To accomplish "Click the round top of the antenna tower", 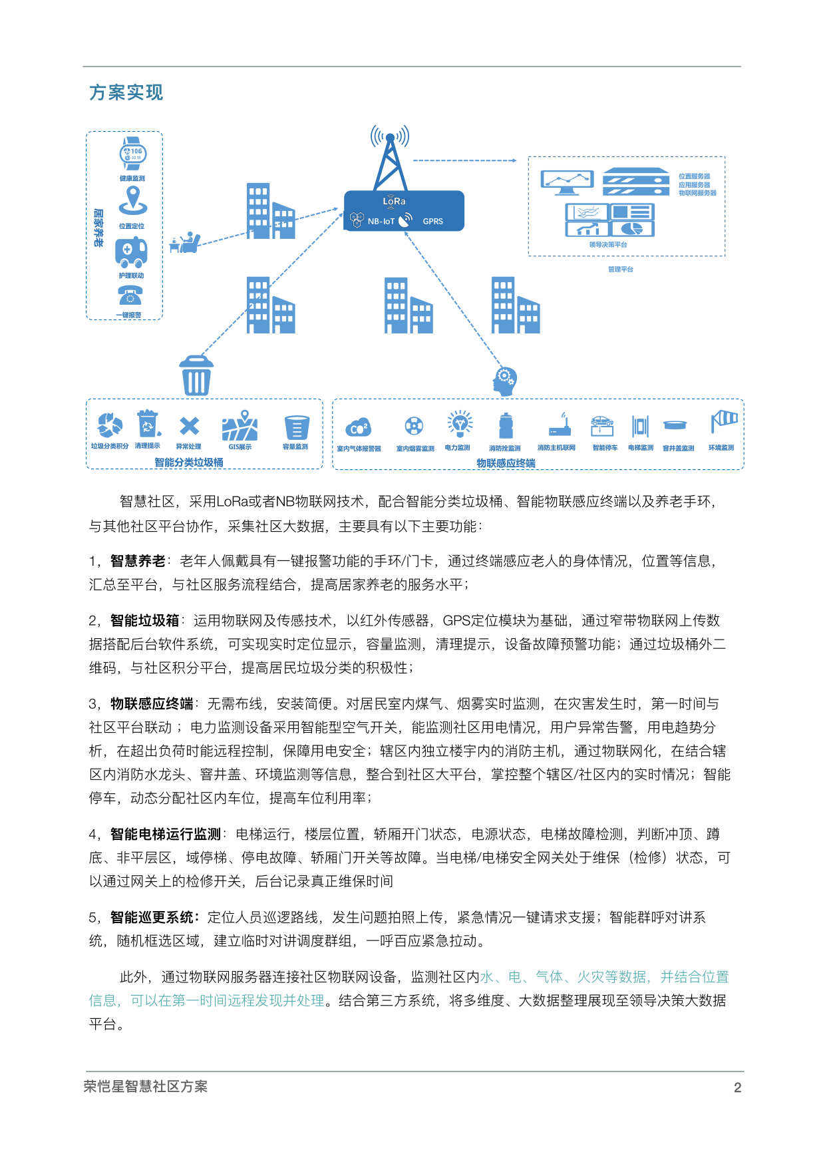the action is (x=390, y=138).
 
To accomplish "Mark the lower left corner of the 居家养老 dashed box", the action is (x=86, y=319).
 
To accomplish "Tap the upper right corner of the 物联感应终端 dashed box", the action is (x=744, y=399).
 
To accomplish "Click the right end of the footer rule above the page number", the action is (x=744, y=1071).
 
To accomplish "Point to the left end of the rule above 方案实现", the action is (x=83, y=67).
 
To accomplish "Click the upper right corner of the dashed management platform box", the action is (x=725, y=157).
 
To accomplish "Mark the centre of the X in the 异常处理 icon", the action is (x=189, y=426).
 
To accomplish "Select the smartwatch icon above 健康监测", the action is (x=133, y=154).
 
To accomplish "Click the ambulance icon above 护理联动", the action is (x=131, y=252).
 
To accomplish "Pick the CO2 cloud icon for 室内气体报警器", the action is (x=359, y=427).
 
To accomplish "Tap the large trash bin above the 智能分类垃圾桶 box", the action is (x=196, y=375).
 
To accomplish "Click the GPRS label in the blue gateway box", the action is (x=433, y=222).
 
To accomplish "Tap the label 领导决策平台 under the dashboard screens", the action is (x=608, y=245).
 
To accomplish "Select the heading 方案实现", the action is (x=126, y=93).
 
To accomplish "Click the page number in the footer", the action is (x=737, y=1087).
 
